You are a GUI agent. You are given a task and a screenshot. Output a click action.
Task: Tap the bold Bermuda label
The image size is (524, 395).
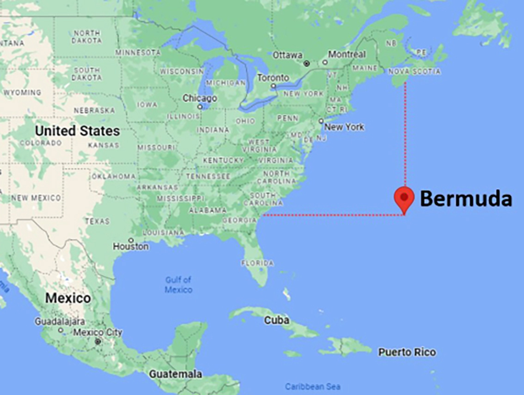(x=465, y=199)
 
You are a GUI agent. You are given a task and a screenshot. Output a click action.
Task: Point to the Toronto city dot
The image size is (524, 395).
(x=274, y=85)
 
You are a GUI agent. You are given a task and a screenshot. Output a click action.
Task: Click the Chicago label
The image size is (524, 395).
(x=200, y=98)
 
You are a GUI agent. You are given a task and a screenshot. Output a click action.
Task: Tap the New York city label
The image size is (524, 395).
(x=345, y=127)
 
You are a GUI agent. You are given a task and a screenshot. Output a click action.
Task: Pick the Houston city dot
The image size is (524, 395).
(x=132, y=240)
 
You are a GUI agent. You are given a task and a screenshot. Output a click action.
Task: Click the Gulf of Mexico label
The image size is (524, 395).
(x=178, y=285)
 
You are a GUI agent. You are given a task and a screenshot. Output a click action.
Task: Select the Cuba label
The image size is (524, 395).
(x=277, y=320)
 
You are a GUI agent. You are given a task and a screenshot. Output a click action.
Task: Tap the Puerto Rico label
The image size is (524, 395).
(x=407, y=352)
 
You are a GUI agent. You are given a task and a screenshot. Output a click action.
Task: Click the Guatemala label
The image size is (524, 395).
(x=175, y=374)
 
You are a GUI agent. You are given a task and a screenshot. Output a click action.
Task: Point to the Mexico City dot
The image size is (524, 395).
(x=97, y=342)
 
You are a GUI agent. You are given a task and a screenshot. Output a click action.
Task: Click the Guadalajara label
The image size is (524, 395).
(x=60, y=321)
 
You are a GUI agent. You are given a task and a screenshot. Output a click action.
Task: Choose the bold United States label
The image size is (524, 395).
(x=77, y=131)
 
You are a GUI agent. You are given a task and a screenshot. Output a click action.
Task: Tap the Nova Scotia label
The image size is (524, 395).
(x=414, y=72)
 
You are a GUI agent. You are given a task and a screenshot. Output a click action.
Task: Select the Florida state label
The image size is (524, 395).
(x=257, y=263)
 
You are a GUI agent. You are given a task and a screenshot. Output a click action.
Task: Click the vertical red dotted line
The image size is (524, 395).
(x=405, y=134)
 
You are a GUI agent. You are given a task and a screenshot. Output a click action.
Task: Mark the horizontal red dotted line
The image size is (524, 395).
(x=333, y=215)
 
